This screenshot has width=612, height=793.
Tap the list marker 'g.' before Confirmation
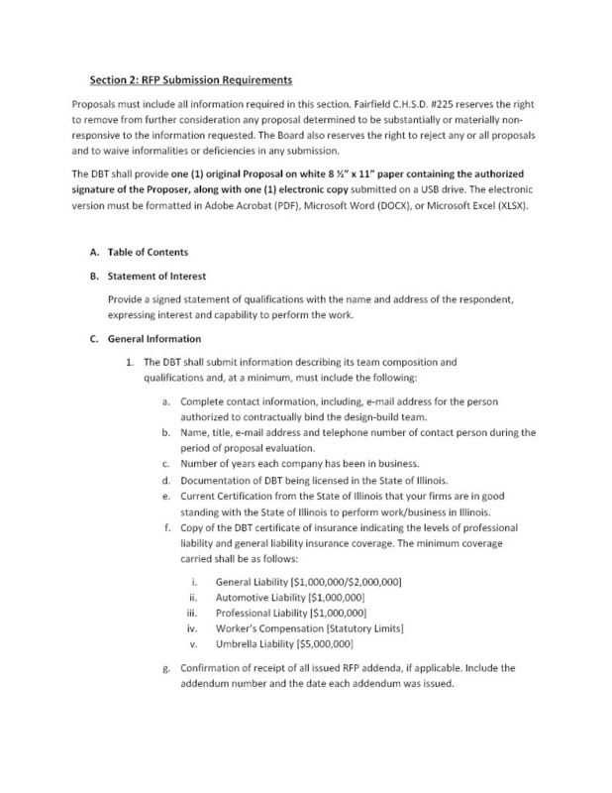[163, 667]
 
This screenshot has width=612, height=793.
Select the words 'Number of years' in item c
[220, 464]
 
